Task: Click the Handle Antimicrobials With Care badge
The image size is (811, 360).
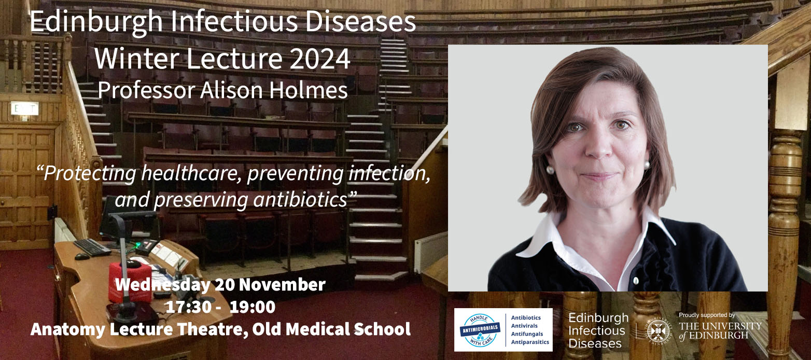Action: [480, 330]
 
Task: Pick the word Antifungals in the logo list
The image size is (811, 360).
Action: [527, 334]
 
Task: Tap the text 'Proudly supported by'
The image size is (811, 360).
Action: [707, 315]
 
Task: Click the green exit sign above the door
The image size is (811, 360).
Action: [24, 109]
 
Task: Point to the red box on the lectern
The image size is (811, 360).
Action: [130, 280]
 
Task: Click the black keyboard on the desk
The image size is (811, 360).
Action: [92, 247]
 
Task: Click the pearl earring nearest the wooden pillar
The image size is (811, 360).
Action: [647, 164]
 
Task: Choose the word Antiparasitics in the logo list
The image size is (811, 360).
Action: [530, 342]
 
